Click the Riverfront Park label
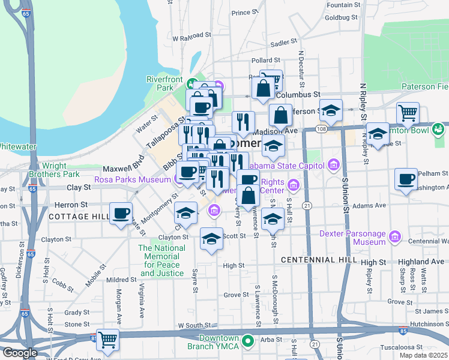click(x=164, y=83)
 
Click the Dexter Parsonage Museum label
click(x=352, y=238)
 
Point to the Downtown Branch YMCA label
click(x=219, y=342)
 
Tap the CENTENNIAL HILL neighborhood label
click(x=319, y=260)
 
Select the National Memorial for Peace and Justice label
click(x=161, y=260)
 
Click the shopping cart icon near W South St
click(x=108, y=340)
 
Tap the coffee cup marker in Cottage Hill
click(x=121, y=214)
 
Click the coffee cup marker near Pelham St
click(x=407, y=179)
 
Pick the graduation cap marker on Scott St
click(x=211, y=239)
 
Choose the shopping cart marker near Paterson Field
click(x=408, y=112)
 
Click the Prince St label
click(x=244, y=13)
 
